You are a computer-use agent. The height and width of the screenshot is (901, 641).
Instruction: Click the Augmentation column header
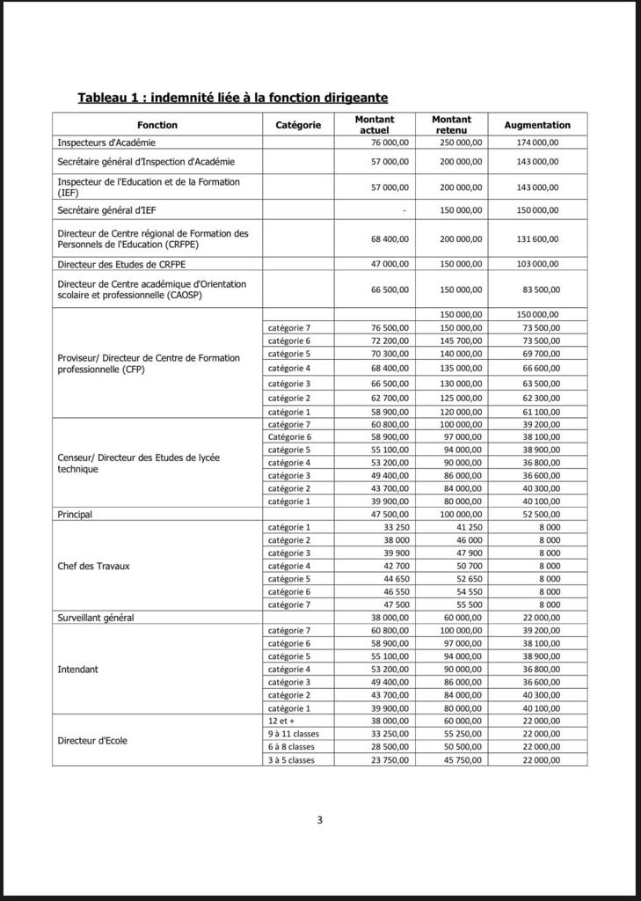(x=536, y=126)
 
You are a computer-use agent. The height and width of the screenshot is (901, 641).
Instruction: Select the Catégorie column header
(x=298, y=126)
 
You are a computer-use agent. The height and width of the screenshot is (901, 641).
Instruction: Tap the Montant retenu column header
(x=451, y=125)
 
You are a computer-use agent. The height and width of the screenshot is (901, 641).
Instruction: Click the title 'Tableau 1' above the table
(x=232, y=98)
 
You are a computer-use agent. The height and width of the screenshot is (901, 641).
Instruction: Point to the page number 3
(x=320, y=820)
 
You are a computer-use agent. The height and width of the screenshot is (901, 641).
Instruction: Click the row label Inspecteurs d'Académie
(x=106, y=143)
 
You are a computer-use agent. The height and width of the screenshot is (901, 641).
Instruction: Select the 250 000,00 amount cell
(x=461, y=143)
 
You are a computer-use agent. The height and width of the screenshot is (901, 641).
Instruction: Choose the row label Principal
(x=75, y=515)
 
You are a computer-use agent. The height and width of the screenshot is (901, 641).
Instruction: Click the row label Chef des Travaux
(x=93, y=567)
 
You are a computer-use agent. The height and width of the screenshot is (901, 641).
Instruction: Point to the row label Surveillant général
(x=96, y=618)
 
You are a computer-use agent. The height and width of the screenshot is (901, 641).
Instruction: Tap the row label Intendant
(x=78, y=670)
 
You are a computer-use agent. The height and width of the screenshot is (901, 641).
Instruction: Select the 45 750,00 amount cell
(x=461, y=760)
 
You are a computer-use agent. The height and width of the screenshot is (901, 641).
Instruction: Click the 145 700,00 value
(x=461, y=341)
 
